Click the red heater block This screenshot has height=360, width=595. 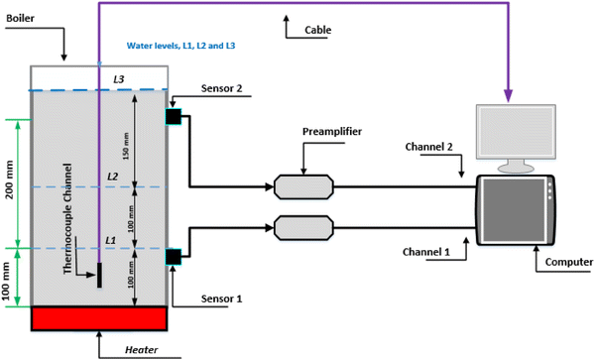[99, 318]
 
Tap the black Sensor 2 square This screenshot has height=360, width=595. [173, 116]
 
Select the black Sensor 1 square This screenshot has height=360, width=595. [173, 257]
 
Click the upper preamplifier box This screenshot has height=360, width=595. [303, 186]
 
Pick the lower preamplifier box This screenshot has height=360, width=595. [303, 228]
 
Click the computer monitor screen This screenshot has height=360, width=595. [516, 132]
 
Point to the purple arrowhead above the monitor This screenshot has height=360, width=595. [508, 95]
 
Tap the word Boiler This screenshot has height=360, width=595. [21, 18]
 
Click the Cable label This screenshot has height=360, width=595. [318, 30]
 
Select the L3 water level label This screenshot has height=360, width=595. [119, 79]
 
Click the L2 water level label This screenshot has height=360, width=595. [113, 177]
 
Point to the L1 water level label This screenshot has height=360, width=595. [110, 241]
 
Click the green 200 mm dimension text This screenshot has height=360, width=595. [10, 180]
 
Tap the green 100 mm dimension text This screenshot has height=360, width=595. [7, 281]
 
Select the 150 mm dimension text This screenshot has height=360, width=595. [126, 146]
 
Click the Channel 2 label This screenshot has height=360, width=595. [428, 147]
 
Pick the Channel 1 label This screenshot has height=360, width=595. [426, 252]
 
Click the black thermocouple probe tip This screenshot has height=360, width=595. [99, 275]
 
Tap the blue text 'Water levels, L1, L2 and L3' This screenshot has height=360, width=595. [181, 46]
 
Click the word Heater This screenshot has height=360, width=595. [142, 350]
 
